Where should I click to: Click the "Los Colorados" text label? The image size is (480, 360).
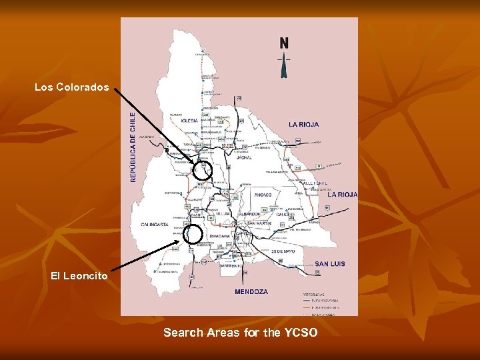[71, 87]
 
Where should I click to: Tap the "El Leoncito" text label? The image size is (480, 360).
[79, 275]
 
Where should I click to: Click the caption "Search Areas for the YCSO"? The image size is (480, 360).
[241, 332]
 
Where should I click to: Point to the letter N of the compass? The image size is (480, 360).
[285, 43]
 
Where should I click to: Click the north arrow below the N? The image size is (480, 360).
[285, 65]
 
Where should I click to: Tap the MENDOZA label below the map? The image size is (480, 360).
[251, 292]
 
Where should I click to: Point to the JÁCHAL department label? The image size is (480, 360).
[245, 158]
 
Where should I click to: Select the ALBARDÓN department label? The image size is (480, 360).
[247, 214]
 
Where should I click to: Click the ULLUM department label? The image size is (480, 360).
[222, 214]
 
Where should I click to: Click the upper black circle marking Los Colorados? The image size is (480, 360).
[201, 170]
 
